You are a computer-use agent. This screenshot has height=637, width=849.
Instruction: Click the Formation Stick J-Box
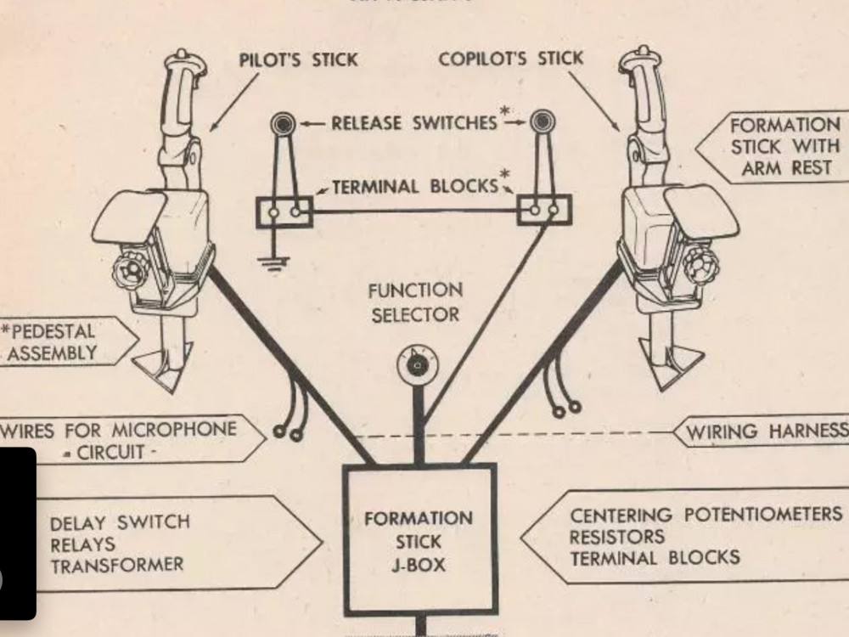pos(419,540)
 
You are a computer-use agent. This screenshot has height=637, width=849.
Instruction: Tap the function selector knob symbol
pos(416,364)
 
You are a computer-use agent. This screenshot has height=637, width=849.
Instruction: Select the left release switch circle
pos(282,124)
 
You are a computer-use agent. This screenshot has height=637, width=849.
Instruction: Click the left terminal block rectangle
pos(285,211)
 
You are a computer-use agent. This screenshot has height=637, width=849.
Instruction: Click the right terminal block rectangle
pos(545,209)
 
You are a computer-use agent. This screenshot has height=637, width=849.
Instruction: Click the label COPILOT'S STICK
pos(511,59)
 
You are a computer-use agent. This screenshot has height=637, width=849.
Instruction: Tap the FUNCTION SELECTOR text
pos(415,303)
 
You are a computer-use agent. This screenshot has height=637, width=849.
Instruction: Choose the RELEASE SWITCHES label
pos(413,123)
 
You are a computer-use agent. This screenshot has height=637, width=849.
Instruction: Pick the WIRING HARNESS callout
pos(764,431)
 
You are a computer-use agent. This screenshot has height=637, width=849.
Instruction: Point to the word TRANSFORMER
pos(116,565)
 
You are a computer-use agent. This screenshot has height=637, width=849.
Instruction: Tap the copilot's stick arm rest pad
pos(702,211)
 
